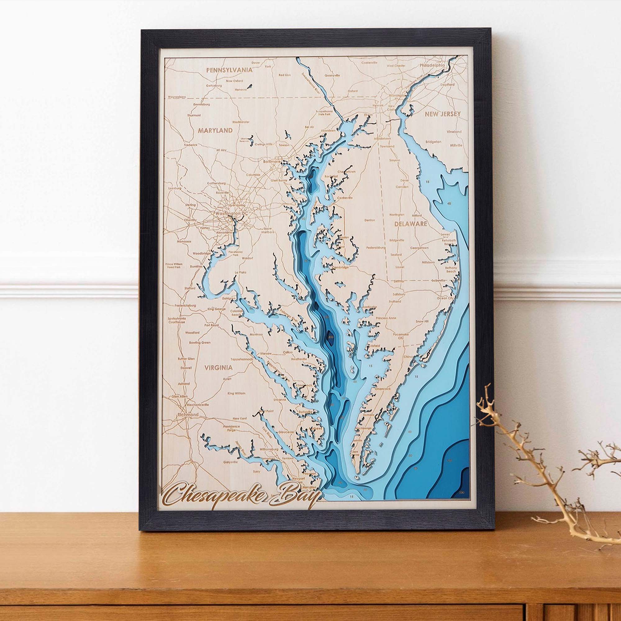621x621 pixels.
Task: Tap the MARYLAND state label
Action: [x=215, y=130]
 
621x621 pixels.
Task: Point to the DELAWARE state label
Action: [x=410, y=224]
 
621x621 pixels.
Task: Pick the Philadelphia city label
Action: [x=432, y=65]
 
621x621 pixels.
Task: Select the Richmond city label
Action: [x=189, y=415]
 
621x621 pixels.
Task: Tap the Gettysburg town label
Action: [x=214, y=86]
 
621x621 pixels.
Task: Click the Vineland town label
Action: [x=454, y=131]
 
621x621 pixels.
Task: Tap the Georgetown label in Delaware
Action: [x=419, y=248]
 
